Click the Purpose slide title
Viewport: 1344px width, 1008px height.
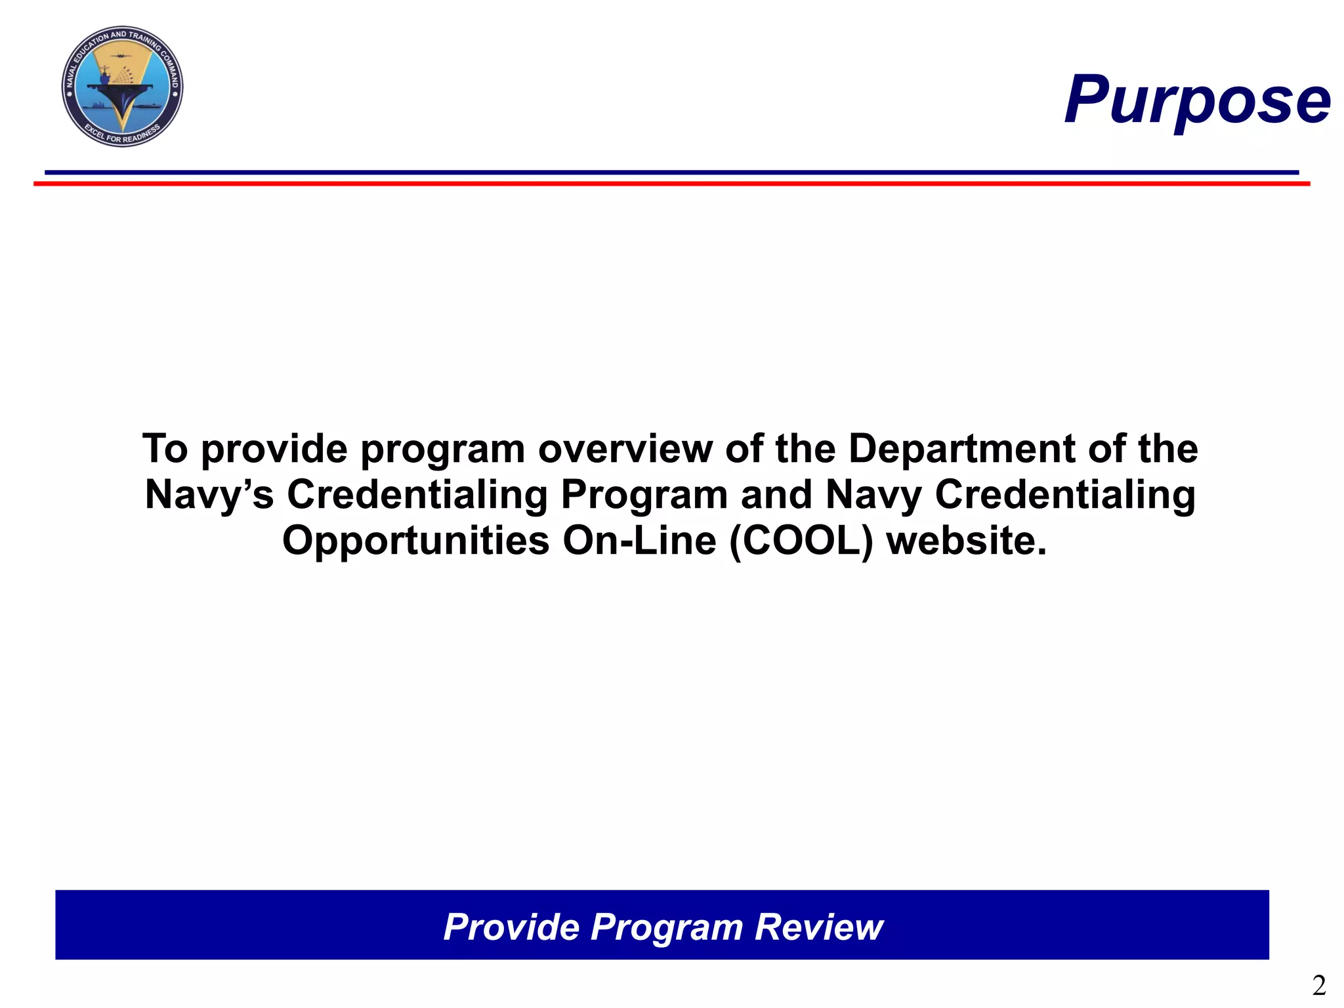coord(1197,100)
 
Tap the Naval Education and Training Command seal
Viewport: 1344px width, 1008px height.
coord(122,87)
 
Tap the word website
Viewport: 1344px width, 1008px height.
coord(966,541)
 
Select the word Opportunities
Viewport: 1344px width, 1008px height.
coord(415,541)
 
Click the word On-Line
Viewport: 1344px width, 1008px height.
coord(639,541)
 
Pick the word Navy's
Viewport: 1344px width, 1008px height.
coord(209,495)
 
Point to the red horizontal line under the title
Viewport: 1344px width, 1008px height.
coord(672,184)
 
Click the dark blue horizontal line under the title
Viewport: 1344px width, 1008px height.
coord(672,173)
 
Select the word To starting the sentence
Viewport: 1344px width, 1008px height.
coord(165,449)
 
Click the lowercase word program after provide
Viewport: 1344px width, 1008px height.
coord(443,450)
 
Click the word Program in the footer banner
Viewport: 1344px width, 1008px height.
coord(666,927)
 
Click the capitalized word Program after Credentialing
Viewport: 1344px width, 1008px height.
coord(644,495)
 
